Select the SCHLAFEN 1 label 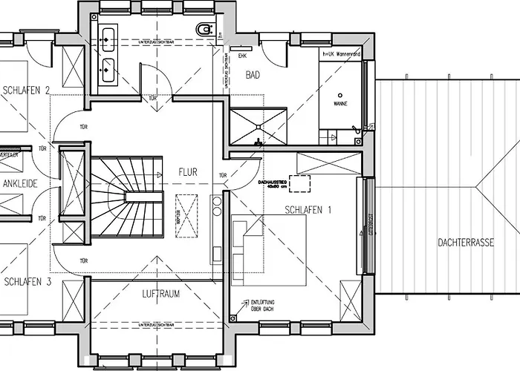[x=308, y=210]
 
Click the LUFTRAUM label [x=160, y=294]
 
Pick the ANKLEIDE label [x=20, y=183]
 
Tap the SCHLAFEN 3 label [x=27, y=282]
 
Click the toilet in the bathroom [x=204, y=29]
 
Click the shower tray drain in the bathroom [x=258, y=139]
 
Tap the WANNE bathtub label [x=340, y=105]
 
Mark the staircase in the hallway [x=127, y=196]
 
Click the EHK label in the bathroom [x=242, y=56]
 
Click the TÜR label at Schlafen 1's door [x=223, y=176]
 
